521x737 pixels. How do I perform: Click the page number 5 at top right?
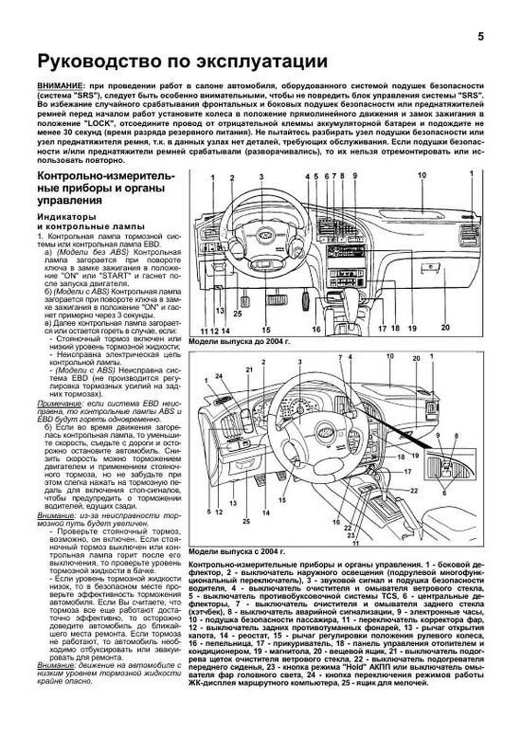(481, 37)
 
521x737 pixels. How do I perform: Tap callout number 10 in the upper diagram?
(422, 175)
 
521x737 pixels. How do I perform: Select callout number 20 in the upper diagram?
(445, 327)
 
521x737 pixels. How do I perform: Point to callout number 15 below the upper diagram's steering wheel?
(266, 330)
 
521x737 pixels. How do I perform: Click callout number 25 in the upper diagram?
(237, 314)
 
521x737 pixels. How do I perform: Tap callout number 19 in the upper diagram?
(412, 328)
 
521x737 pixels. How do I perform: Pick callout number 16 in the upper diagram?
(316, 330)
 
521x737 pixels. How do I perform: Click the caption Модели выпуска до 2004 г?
(239, 342)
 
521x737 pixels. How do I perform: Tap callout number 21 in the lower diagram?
(249, 370)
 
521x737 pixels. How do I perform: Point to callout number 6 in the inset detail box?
(444, 492)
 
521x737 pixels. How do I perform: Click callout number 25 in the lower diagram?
(246, 521)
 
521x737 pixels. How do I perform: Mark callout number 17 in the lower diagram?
(408, 471)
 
